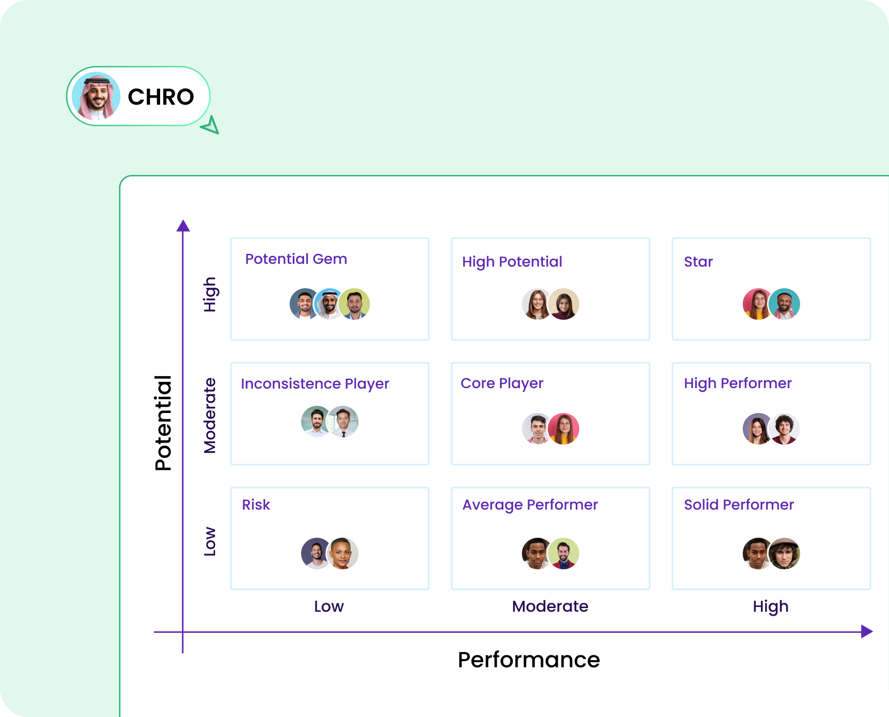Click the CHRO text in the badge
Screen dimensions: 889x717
161,97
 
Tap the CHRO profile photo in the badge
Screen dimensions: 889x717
96,96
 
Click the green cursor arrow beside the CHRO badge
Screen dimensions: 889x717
211,126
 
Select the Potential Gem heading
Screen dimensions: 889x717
296,259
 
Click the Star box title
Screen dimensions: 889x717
698,262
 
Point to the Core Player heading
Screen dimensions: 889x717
502,383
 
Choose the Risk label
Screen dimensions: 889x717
256,505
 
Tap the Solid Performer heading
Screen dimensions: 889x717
738,505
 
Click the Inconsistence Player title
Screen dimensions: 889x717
314,384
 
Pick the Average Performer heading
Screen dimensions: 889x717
530,505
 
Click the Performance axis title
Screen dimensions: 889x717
529,660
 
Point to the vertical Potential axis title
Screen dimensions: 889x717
163,423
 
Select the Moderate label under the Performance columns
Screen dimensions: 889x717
550,607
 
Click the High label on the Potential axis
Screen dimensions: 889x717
210,294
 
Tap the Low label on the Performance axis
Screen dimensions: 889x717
329,607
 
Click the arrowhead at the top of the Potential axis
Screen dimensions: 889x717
183,226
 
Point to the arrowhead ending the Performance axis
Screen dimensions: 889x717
867,631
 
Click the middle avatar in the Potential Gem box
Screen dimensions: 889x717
329,304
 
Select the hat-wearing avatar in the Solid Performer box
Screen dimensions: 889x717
784,554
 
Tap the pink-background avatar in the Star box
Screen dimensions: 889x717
757,304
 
